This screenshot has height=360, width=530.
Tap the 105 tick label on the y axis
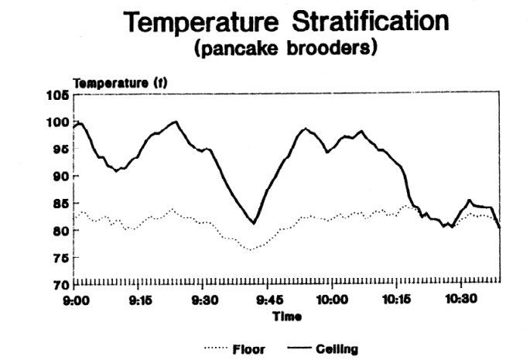[x=59, y=94]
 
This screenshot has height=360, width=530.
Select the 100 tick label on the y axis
[x=59, y=122]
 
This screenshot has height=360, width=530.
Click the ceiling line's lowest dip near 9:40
[x=253, y=224]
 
